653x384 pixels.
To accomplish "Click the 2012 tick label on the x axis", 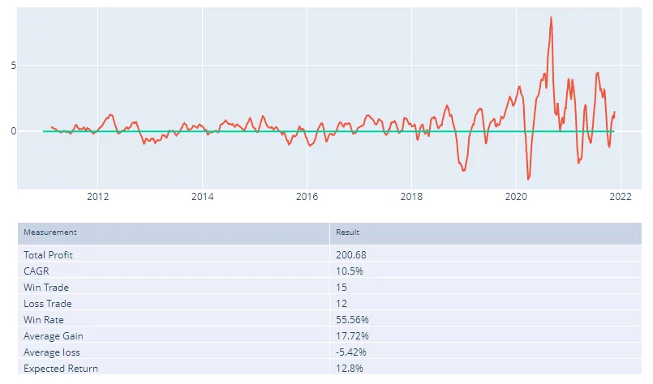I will pyautogui.click(x=98, y=196).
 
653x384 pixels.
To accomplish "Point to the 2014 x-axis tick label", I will pyautogui.click(x=203, y=196).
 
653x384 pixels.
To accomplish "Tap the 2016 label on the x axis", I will pyautogui.click(x=307, y=196).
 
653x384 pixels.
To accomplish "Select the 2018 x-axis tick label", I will pyautogui.click(x=412, y=196).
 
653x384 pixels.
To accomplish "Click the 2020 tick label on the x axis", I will pyautogui.click(x=517, y=196).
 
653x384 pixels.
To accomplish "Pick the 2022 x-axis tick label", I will pyautogui.click(x=621, y=196).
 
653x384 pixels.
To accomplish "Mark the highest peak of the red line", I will pyautogui.click(x=552, y=17).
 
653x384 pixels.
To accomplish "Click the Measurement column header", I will pyautogui.click(x=50, y=233).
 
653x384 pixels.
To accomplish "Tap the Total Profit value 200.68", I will pyautogui.click(x=352, y=254).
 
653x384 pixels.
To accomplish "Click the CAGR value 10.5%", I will pyautogui.click(x=350, y=271).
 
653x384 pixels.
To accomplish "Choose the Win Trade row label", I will pyautogui.click(x=46, y=287).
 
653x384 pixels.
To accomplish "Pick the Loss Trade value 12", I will pyautogui.click(x=342, y=304).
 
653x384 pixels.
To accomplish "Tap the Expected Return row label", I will pyautogui.click(x=61, y=369).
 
